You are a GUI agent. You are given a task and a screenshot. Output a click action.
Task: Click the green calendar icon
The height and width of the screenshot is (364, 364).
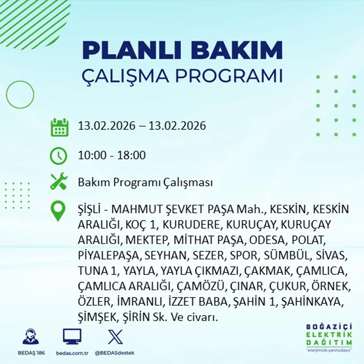click(x=59, y=127)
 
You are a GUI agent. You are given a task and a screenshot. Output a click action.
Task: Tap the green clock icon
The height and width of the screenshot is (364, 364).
click(x=58, y=156)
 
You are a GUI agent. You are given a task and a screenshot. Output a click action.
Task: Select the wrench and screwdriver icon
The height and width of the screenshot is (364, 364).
click(x=59, y=182)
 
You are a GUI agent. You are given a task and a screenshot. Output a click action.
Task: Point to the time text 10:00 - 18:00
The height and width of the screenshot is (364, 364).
click(x=112, y=156)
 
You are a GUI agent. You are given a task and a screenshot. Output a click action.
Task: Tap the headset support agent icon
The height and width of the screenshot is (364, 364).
click(x=31, y=337)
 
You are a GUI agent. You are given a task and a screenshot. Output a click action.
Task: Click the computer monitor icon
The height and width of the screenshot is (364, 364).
click(x=72, y=337)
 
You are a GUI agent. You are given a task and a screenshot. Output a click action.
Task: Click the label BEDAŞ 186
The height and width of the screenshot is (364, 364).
click(x=31, y=353)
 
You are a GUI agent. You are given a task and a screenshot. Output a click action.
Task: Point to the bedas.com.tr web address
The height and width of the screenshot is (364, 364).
click(x=72, y=353)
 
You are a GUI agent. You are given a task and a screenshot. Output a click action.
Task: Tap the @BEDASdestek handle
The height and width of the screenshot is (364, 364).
click(x=115, y=353)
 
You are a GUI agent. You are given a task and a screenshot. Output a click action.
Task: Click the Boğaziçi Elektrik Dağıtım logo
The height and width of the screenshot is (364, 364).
click(x=329, y=337)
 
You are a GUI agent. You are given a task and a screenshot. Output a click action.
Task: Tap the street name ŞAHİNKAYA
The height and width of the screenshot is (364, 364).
click(x=312, y=302)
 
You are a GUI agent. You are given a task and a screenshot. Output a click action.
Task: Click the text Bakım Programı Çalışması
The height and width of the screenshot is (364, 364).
click(x=145, y=182)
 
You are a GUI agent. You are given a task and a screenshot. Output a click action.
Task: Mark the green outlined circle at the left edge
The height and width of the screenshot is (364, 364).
click(x=20, y=95)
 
